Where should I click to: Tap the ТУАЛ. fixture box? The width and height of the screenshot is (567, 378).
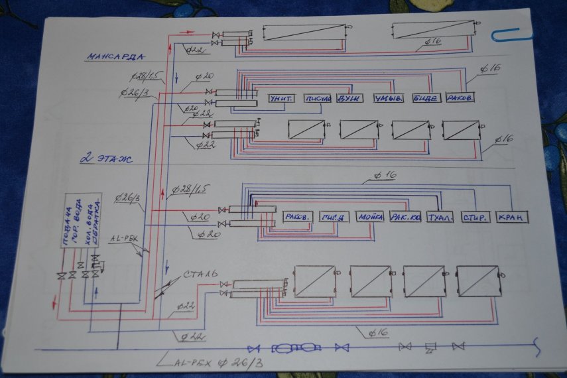[440, 217]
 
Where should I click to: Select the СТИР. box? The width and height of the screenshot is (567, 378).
[475, 217]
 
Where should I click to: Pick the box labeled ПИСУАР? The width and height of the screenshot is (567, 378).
[318, 98]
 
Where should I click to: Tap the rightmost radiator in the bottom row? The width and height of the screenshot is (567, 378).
[478, 281]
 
